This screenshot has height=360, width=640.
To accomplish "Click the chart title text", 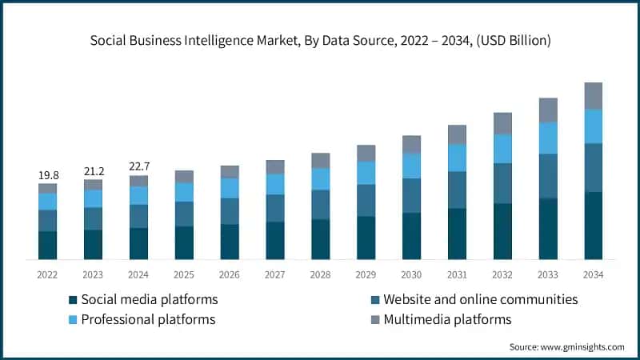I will [x=320, y=39].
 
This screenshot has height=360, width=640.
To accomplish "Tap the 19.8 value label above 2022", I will [x=48, y=174].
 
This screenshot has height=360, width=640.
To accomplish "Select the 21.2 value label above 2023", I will [x=93, y=171].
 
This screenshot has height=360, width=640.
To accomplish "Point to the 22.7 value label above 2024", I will [x=138, y=166].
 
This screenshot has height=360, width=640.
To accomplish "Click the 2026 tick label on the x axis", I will [x=230, y=274].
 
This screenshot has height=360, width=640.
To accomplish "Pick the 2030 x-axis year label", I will [x=411, y=274].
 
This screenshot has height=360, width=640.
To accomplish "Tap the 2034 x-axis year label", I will [x=593, y=274].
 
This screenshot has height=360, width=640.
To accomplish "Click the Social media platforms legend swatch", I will [x=73, y=300].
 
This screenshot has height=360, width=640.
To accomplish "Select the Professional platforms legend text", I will [x=148, y=320].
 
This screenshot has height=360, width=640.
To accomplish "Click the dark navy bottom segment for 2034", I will [x=593, y=226].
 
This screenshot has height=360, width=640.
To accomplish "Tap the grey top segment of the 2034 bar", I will [x=593, y=95].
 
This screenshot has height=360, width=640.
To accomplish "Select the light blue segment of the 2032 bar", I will [x=502, y=149].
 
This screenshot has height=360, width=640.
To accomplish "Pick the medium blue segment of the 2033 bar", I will [x=548, y=176].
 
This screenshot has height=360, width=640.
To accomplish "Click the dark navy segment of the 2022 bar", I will [x=48, y=245].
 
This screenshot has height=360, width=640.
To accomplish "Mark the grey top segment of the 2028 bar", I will [x=321, y=160].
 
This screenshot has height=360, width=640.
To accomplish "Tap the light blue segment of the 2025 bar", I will [x=184, y=192].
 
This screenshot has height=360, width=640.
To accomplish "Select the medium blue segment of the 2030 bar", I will [x=411, y=195].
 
